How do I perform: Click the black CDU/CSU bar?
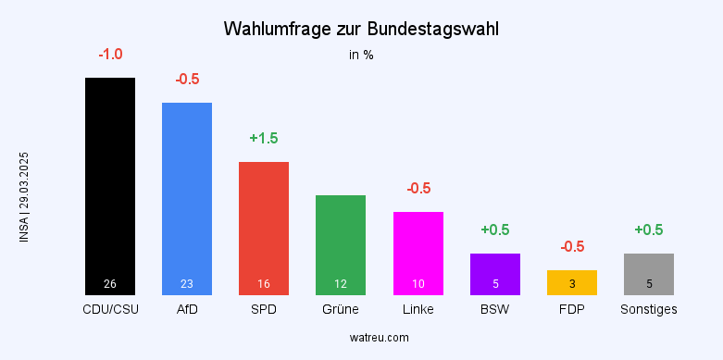110,185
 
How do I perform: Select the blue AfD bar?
187,198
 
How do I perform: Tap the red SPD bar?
264,228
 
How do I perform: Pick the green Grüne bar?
341,244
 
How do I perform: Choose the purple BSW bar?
495,274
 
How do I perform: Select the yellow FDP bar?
572,282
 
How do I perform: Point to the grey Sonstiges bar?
649,274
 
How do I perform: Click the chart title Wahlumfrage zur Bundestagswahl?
361,30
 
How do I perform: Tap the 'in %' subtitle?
361,55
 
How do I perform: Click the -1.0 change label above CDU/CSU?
110,55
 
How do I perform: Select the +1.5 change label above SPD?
264,139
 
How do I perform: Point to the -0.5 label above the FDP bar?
572,247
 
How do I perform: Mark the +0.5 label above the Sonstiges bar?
649,230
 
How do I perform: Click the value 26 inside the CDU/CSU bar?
110,283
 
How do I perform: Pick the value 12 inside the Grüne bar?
341,283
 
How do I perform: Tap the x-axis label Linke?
418,309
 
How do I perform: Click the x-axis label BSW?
495,309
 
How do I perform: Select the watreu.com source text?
361,338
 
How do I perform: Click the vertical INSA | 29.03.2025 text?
24,197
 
